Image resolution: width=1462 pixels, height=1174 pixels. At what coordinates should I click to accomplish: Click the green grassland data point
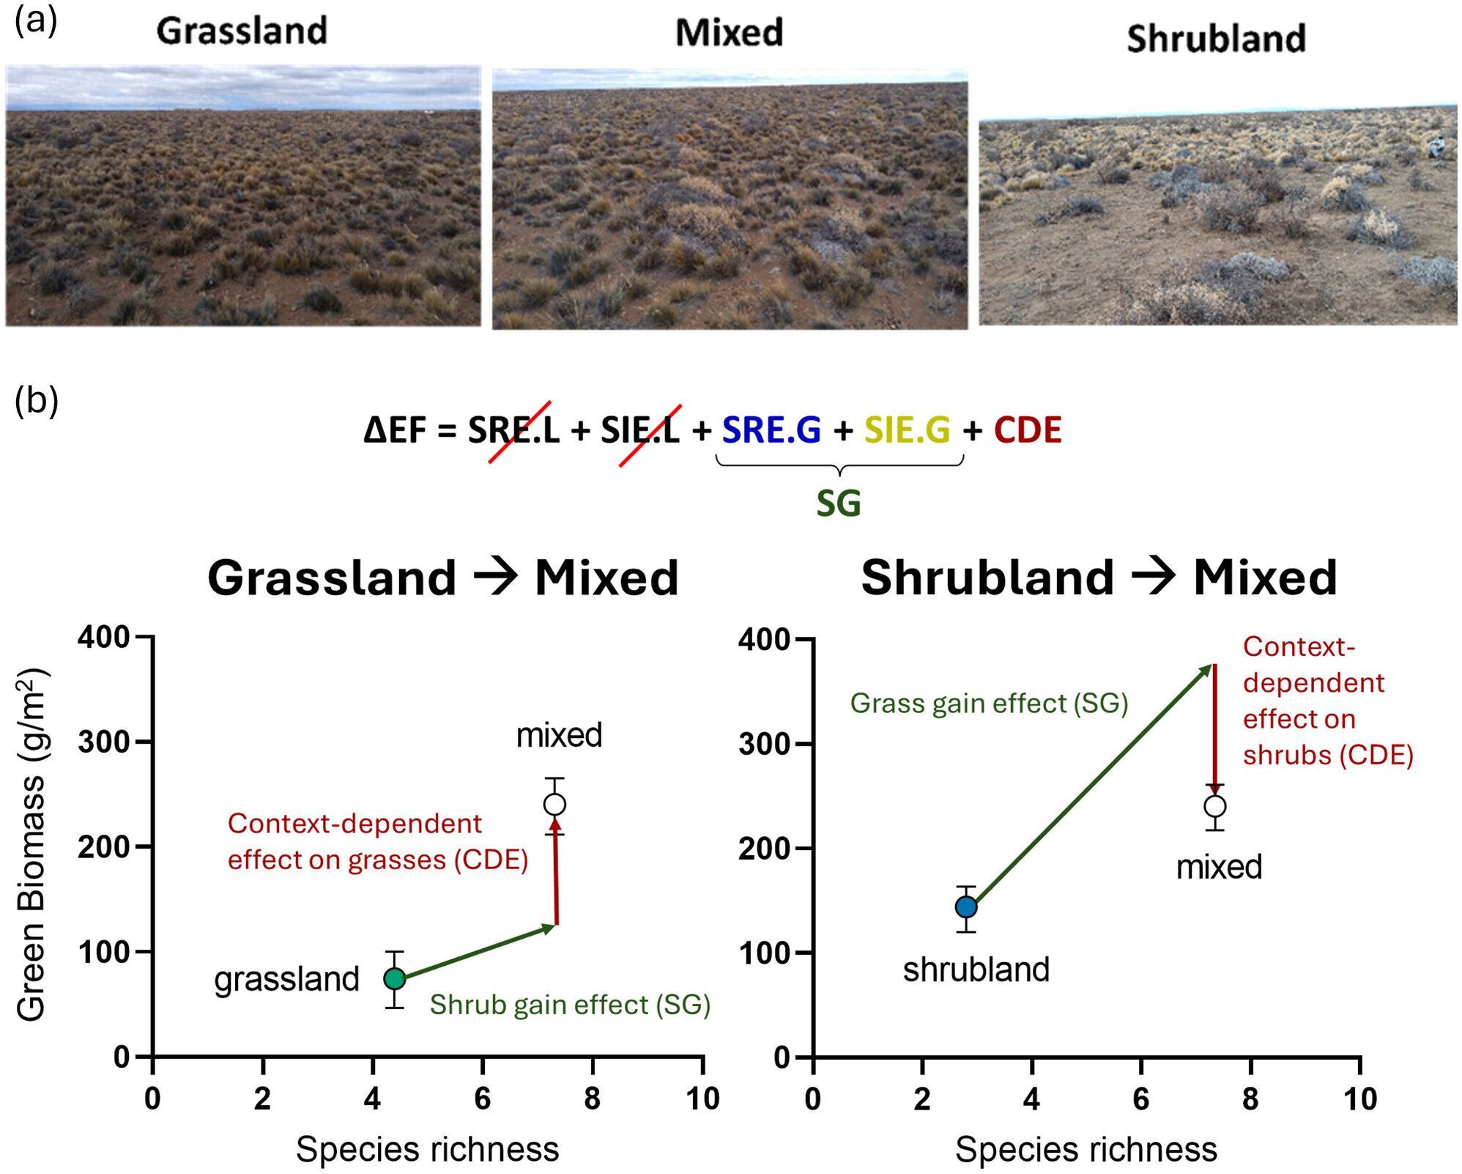[x=395, y=978]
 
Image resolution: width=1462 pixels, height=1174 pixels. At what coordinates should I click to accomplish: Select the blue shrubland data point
[x=966, y=907]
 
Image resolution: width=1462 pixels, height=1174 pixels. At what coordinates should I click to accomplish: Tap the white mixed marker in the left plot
[x=554, y=804]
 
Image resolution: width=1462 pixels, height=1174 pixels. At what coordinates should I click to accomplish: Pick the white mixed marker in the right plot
[x=1214, y=806]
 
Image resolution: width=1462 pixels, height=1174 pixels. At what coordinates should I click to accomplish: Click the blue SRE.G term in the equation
[x=771, y=430]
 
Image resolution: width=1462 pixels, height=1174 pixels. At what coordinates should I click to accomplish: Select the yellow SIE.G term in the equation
[x=907, y=430]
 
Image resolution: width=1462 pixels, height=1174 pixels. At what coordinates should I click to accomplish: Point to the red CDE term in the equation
[x=1028, y=430]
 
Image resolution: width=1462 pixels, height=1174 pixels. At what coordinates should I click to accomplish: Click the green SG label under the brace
[x=839, y=503]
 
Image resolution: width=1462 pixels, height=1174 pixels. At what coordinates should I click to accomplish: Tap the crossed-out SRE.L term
[x=513, y=430]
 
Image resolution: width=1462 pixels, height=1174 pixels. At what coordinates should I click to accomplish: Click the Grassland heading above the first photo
[x=242, y=31]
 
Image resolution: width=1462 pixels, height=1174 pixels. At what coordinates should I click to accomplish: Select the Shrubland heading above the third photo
[x=1216, y=38]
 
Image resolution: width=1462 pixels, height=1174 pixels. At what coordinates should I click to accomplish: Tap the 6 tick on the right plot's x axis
[x=1140, y=1099]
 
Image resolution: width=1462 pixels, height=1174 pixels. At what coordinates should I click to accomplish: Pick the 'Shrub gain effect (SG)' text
[x=570, y=1004]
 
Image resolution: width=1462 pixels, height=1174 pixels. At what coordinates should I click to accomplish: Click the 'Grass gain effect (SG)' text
[x=989, y=704]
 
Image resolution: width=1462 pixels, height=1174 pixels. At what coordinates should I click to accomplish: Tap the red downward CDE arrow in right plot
[x=1214, y=726]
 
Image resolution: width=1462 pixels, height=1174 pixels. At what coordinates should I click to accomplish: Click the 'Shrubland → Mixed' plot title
[x=1099, y=577]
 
